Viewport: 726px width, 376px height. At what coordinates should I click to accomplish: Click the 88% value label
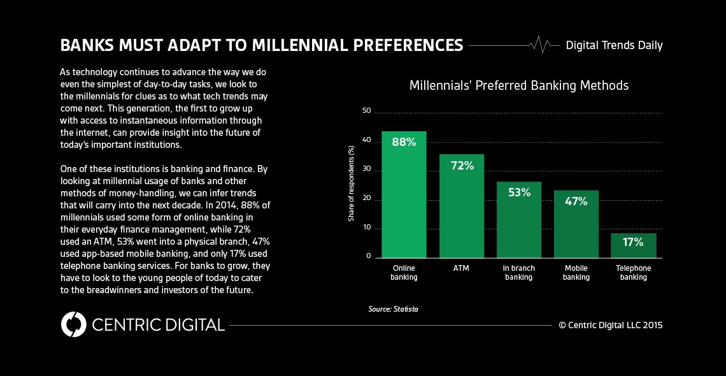(x=404, y=142)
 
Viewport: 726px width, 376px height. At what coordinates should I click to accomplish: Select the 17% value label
(x=634, y=242)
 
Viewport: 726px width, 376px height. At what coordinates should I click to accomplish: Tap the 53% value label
(x=519, y=192)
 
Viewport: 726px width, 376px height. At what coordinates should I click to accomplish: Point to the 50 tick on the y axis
(x=366, y=111)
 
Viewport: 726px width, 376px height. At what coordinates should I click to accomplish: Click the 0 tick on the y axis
(x=368, y=256)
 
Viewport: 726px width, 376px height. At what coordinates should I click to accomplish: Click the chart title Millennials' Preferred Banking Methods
(x=519, y=85)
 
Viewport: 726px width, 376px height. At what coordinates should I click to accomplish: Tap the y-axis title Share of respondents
(x=351, y=184)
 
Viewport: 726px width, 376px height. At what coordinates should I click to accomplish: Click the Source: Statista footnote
(x=393, y=309)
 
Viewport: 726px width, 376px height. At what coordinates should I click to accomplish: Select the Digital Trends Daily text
(x=614, y=45)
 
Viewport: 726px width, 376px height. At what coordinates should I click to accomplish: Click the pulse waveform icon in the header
(x=540, y=45)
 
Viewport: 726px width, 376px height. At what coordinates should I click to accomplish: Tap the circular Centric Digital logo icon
(x=73, y=324)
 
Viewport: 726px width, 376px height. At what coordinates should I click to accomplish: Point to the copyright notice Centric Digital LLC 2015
(x=611, y=325)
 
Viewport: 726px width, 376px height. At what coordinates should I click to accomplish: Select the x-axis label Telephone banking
(x=634, y=273)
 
